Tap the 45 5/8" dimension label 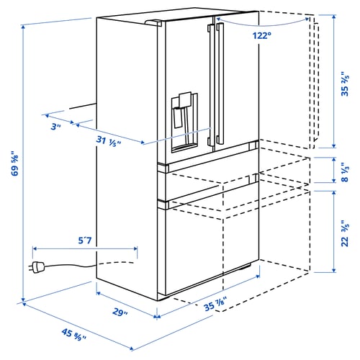[x=73, y=336]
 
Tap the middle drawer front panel [x=209, y=184]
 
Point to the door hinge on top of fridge [x=156, y=23]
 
